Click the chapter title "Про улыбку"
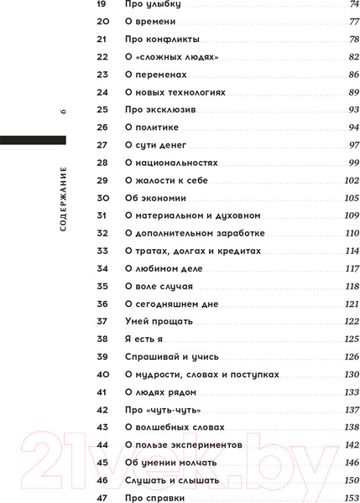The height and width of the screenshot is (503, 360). (x=153, y=4)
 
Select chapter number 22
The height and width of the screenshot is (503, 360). (x=103, y=56)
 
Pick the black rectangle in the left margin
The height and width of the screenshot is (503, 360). (x=32, y=139)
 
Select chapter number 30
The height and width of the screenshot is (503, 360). (x=104, y=198)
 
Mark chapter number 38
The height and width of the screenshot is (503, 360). (x=104, y=339)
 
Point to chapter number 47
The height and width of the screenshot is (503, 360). (x=104, y=498)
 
